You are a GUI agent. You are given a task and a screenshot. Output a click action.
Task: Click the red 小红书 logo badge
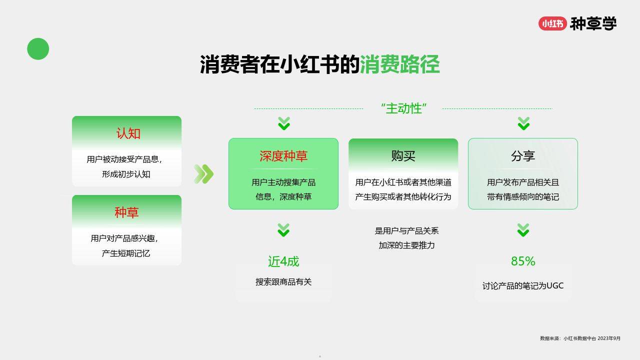(x=552, y=23)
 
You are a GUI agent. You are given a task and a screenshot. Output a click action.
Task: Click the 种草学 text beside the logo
(x=593, y=23)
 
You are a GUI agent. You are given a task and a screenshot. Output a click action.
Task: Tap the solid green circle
(x=38, y=49)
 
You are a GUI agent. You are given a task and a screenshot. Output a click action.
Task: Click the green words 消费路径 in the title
(x=399, y=64)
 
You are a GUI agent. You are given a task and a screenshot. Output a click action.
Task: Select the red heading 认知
(x=128, y=133)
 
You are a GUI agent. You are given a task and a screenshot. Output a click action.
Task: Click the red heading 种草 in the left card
(x=126, y=212)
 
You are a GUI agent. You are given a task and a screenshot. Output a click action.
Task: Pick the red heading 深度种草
(x=283, y=156)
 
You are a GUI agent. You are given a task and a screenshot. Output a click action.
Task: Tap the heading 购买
(x=403, y=156)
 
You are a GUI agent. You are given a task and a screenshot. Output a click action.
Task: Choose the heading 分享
(x=523, y=156)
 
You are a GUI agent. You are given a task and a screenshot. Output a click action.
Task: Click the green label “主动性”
(x=403, y=108)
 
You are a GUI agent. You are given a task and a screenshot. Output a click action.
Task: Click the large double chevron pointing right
(x=203, y=173)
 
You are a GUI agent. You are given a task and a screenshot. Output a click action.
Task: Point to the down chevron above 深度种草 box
(x=284, y=123)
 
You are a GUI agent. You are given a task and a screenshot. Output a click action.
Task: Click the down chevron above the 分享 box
(x=523, y=123)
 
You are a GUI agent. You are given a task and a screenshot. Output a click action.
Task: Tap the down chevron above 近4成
(x=283, y=230)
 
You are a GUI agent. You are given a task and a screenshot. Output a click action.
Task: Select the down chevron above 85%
(x=523, y=230)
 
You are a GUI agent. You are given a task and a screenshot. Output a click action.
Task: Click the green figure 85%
(x=523, y=261)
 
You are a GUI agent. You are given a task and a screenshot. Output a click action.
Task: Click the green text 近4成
(x=283, y=261)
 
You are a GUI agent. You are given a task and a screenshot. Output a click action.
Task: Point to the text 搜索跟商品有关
(x=283, y=282)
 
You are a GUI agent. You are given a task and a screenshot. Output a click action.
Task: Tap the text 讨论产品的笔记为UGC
(x=523, y=285)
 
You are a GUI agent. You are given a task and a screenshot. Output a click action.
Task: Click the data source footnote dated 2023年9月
(x=580, y=338)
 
